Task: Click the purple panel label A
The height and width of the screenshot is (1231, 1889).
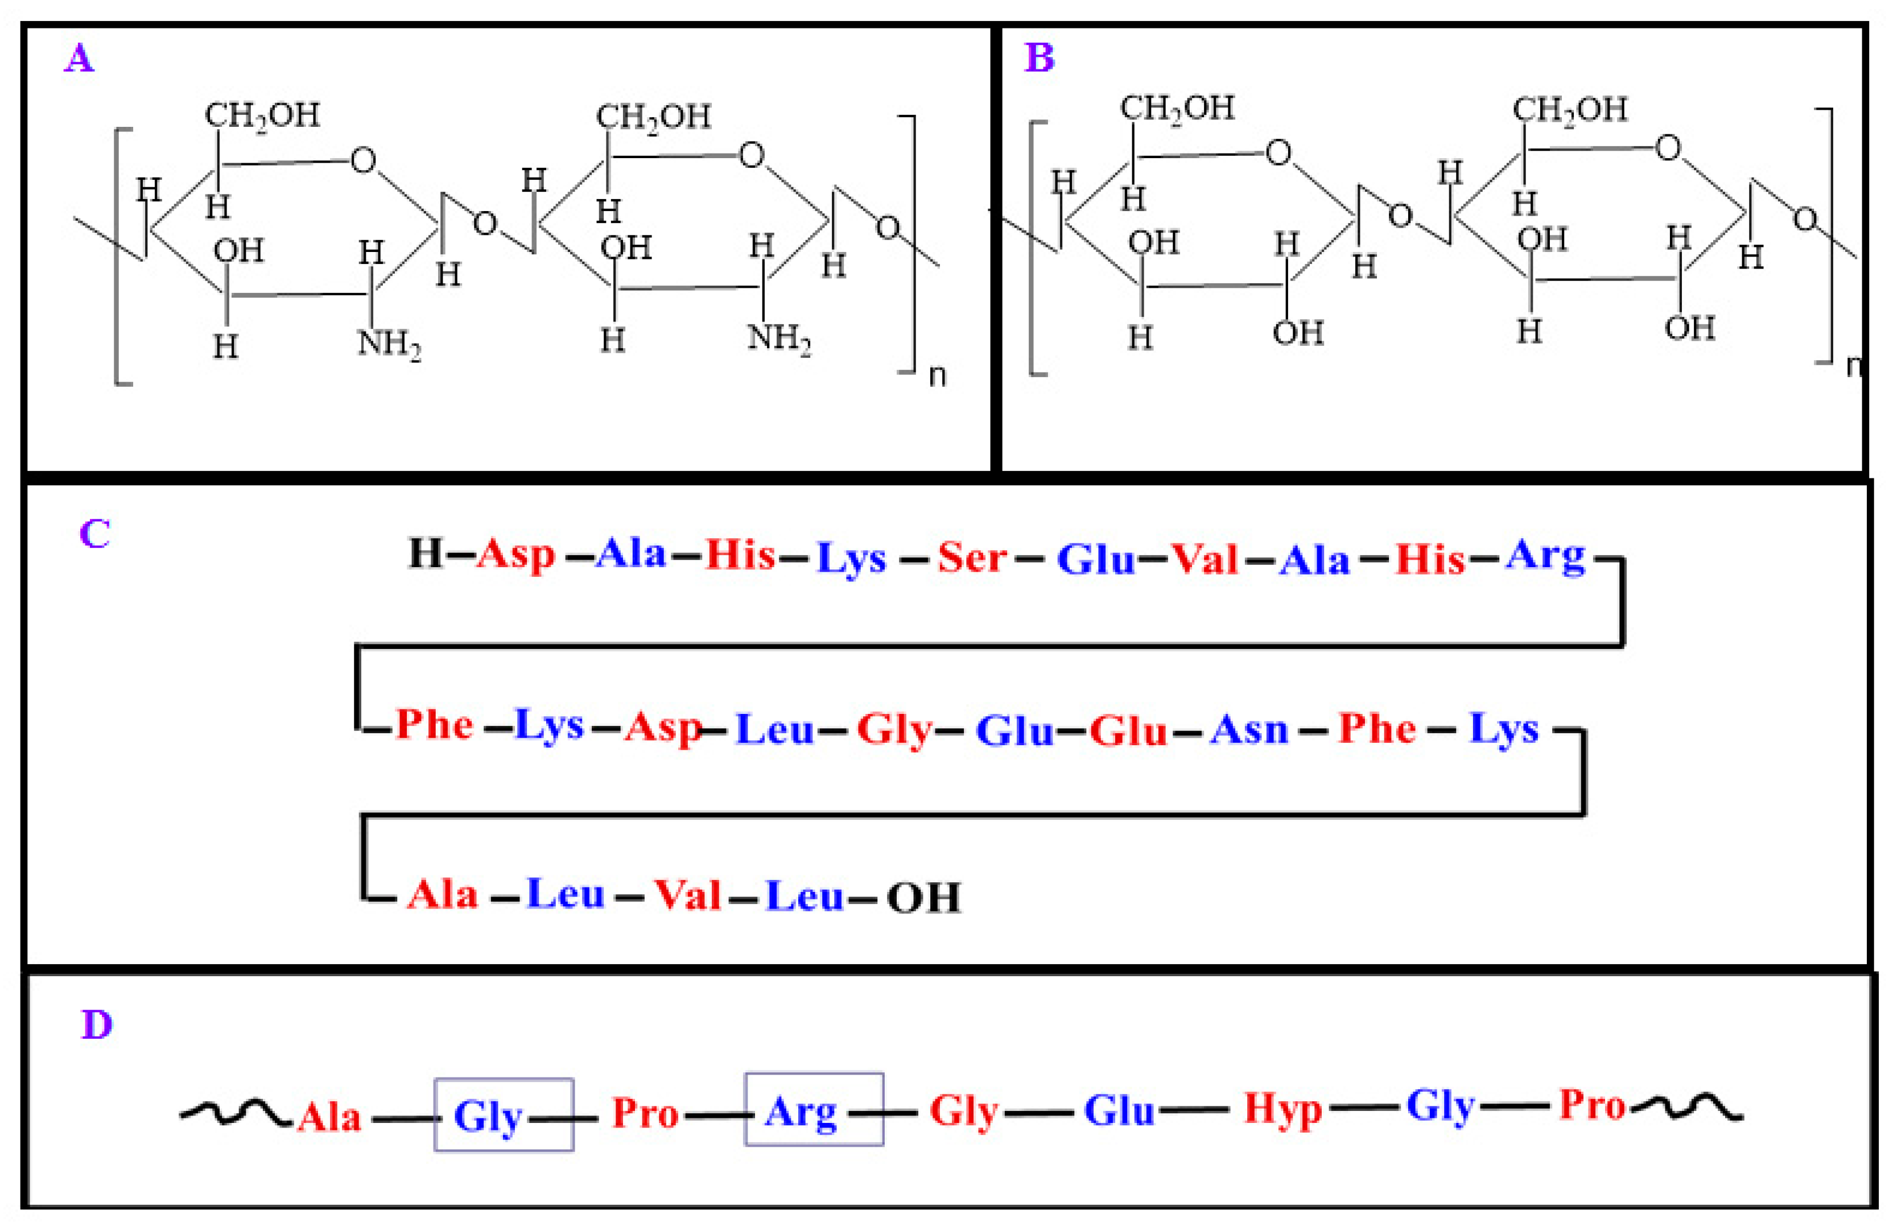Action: coord(79,58)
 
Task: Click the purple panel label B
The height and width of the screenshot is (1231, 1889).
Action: coord(1039,57)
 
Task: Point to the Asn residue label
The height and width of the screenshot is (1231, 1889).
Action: coord(1248,729)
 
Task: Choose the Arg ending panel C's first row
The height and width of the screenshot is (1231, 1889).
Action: coord(1545,557)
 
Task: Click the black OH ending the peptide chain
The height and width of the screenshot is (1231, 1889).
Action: coord(923,898)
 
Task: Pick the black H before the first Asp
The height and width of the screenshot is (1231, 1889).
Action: coord(424,552)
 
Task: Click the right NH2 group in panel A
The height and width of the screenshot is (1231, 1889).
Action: coord(778,339)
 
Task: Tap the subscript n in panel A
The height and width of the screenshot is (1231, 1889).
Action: coord(937,375)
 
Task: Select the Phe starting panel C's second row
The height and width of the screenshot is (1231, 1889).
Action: coord(434,724)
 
